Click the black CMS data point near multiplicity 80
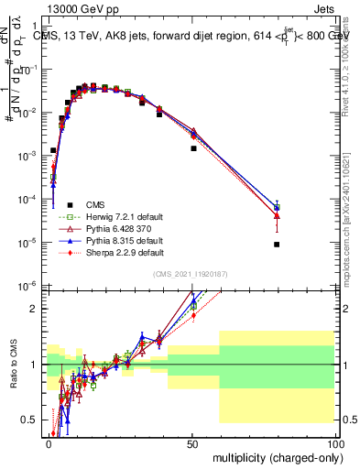(277, 245)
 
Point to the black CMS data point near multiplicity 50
(193, 148)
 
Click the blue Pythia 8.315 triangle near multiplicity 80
(277, 207)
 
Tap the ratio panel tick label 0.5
(32, 420)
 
